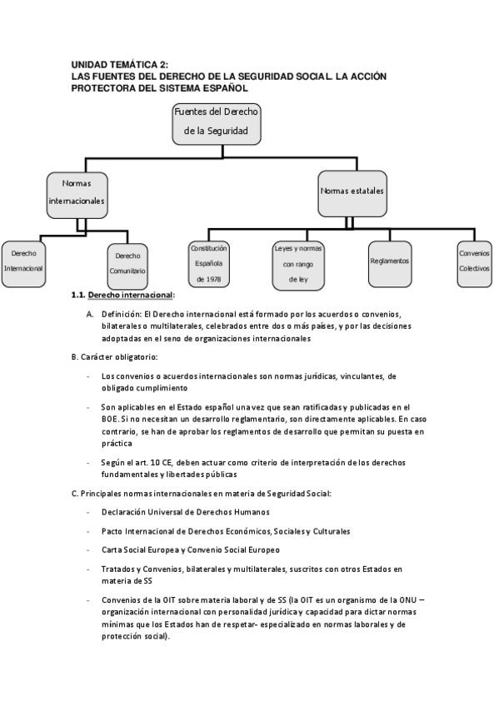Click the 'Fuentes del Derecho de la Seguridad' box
pos(217,124)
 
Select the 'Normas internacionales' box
pos(77,195)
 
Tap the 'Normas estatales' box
pos(352,194)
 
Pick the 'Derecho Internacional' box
pos(23,264)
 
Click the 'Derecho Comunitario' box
pos(127,266)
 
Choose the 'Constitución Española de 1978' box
pos(208,264)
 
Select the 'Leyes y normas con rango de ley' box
pos(298,266)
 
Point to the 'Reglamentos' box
pos(390,264)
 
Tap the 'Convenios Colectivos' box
pos(474,264)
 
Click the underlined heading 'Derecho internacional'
pos(130,296)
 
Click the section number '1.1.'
pos(78,296)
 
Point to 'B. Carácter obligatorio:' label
pos(114,357)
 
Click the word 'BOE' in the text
pos(110,420)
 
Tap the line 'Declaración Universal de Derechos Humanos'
pos(186,512)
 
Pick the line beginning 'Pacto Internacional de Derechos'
pos(226,531)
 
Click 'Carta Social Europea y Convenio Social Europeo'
pos(191,549)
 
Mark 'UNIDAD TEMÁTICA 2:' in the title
pos(120,65)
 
